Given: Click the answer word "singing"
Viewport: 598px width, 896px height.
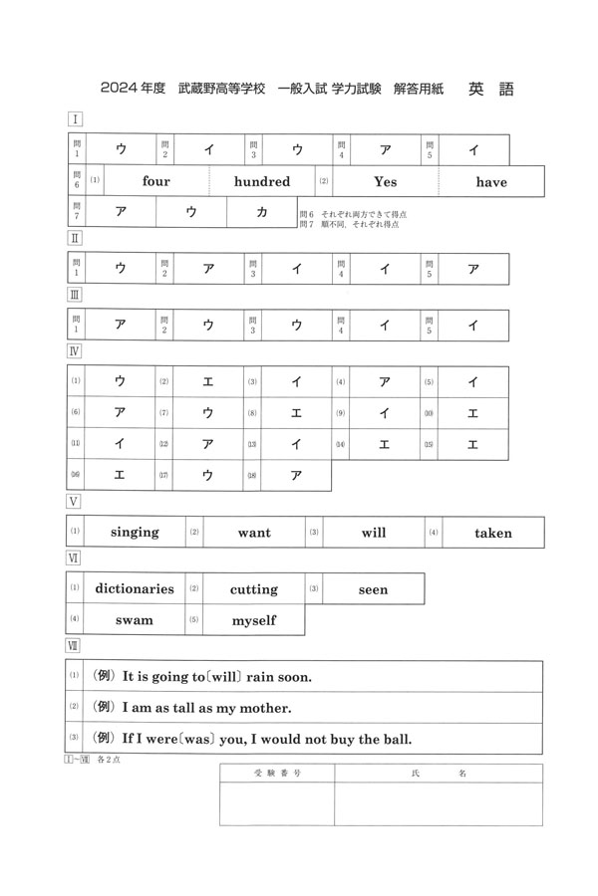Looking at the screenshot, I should tap(135, 533).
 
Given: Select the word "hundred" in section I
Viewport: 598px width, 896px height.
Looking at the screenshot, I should tap(262, 181).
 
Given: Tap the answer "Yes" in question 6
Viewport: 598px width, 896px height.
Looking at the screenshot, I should tap(385, 181).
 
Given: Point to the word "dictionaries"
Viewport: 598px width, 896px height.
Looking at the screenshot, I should tap(135, 588).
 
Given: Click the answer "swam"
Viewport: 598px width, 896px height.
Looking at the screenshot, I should tap(135, 620).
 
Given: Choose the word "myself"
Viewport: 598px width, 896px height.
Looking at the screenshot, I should tap(254, 620).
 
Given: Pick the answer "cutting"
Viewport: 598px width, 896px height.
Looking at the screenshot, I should tap(254, 589).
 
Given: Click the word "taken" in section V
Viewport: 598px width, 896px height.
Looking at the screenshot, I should tap(492, 533).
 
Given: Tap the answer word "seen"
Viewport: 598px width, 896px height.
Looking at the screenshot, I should tap(373, 589).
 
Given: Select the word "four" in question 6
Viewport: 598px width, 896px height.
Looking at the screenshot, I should tap(156, 181).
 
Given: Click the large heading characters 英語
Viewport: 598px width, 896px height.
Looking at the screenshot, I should tap(490, 89).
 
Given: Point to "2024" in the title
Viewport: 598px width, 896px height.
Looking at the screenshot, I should tap(120, 90).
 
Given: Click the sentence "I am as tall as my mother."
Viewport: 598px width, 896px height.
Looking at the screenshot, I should tap(206, 708).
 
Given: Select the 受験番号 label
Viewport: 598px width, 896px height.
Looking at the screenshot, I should tap(276, 772).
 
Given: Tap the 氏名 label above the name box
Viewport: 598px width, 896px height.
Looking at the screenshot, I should tap(439, 772).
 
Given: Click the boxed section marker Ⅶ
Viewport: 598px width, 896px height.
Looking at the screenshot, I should tap(74, 645).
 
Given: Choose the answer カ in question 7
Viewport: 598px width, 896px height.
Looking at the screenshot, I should tap(262, 212).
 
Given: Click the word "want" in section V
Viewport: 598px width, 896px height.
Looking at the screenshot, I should tap(254, 533).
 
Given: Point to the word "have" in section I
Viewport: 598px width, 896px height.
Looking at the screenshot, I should tap(491, 182).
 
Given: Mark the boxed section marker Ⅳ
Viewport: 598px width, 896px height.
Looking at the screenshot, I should tap(74, 350).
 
